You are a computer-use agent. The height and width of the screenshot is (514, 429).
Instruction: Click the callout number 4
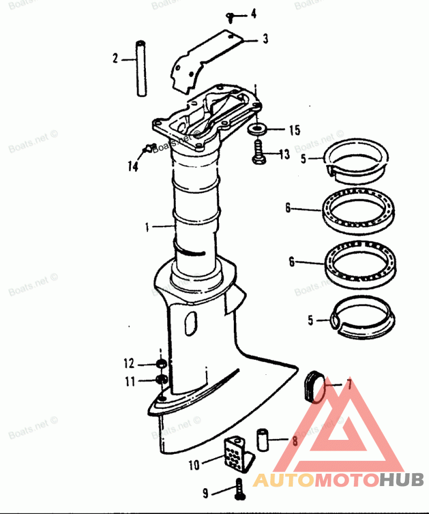click(254, 14)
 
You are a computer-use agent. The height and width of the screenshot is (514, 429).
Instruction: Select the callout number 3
click(265, 39)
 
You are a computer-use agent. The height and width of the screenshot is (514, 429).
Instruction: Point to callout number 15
click(294, 131)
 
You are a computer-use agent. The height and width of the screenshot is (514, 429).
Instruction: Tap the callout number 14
click(132, 166)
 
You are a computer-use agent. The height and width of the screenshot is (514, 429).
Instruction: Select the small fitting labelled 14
click(149, 147)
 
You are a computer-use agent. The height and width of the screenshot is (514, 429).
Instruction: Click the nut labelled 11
click(160, 380)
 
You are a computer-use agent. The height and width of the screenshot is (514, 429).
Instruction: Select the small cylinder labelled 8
click(263, 439)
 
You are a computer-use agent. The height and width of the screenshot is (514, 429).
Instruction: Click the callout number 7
click(349, 385)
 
